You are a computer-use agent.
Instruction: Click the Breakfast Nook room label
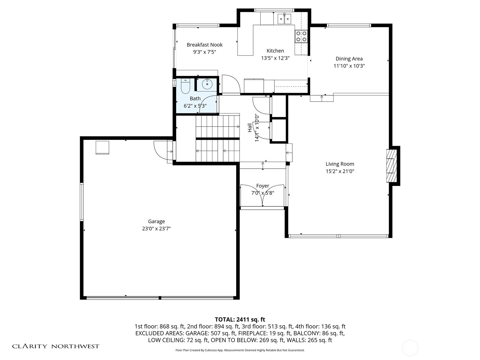(x=205, y=45)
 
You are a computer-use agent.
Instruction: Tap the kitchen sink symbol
(x=284, y=19)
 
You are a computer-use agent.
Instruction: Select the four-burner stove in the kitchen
(x=301, y=36)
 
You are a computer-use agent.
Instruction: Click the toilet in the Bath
(x=185, y=86)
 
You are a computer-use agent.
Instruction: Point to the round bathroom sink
(x=207, y=84)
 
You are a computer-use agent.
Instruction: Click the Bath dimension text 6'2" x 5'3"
(x=195, y=106)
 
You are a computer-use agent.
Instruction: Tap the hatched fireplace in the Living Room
(x=391, y=166)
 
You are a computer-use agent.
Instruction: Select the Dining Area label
(x=349, y=59)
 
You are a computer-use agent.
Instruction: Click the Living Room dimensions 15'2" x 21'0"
(x=340, y=171)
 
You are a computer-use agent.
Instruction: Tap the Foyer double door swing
(x=262, y=196)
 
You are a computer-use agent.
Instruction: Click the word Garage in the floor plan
(x=156, y=221)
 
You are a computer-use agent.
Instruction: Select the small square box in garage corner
(x=102, y=147)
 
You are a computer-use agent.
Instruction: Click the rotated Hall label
(x=250, y=128)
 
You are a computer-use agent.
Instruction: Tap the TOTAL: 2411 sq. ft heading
(x=240, y=319)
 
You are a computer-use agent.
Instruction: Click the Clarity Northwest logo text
(x=55, y=346)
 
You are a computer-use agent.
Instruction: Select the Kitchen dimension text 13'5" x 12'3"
(x=275, y=58)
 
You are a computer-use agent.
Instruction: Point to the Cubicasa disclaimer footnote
(x=240, y=350)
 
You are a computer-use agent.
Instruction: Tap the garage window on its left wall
(x=82, y=202)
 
